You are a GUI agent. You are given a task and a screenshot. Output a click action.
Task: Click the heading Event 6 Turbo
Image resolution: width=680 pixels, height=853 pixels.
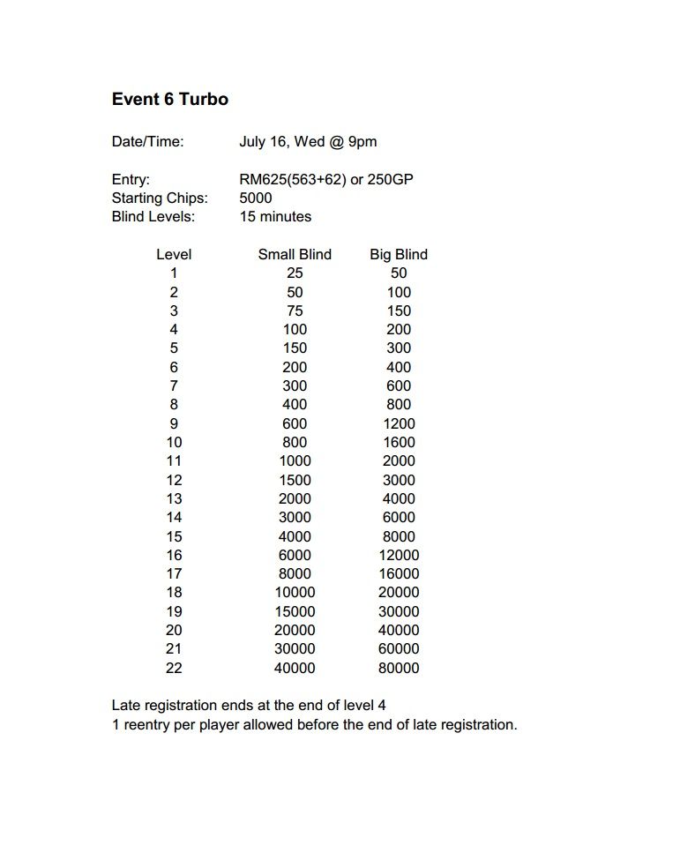(170, 100)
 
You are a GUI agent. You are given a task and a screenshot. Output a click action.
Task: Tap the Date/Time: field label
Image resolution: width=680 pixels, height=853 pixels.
(147, 142)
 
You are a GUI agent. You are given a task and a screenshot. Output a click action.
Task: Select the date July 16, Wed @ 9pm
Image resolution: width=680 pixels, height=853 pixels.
(308, 142)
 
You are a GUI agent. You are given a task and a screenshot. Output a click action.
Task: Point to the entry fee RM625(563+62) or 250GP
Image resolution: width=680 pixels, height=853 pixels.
(326, 179)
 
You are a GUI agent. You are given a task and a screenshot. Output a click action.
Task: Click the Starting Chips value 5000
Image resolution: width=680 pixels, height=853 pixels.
(256, 198)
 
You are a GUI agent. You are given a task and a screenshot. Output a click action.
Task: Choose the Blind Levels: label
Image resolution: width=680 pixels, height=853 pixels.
(153, 216)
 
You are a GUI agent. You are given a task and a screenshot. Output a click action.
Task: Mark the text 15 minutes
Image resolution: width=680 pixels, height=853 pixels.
(275, 216)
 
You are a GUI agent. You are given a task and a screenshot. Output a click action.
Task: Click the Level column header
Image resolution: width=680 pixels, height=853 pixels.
(174, 254)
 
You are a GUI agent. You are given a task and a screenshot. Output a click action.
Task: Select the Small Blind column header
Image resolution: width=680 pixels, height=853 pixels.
(295, 254)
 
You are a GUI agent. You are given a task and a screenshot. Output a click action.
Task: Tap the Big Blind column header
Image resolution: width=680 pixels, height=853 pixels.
(399, 254)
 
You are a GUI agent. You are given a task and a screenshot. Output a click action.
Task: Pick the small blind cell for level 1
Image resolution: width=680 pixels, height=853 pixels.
(295, 273)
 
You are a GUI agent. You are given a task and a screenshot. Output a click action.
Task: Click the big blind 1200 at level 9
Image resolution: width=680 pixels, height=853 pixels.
(399, 423)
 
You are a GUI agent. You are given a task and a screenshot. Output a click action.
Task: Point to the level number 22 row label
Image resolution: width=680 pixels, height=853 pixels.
(174, 668)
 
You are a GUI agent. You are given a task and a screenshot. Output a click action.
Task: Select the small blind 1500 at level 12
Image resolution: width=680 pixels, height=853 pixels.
(295, 480)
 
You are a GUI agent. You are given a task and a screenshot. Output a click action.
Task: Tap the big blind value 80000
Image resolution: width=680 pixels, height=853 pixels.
(399, 668)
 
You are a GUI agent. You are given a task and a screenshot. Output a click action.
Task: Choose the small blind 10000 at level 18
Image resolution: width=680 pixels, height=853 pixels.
(295, 593)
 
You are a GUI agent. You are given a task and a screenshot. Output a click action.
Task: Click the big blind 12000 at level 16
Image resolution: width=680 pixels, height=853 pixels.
(399, 555)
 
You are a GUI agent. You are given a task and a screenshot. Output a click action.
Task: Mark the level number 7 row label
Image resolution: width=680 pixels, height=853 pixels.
(174, 385)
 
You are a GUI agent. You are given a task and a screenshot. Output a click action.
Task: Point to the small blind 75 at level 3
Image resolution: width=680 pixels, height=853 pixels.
(295, 311)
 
